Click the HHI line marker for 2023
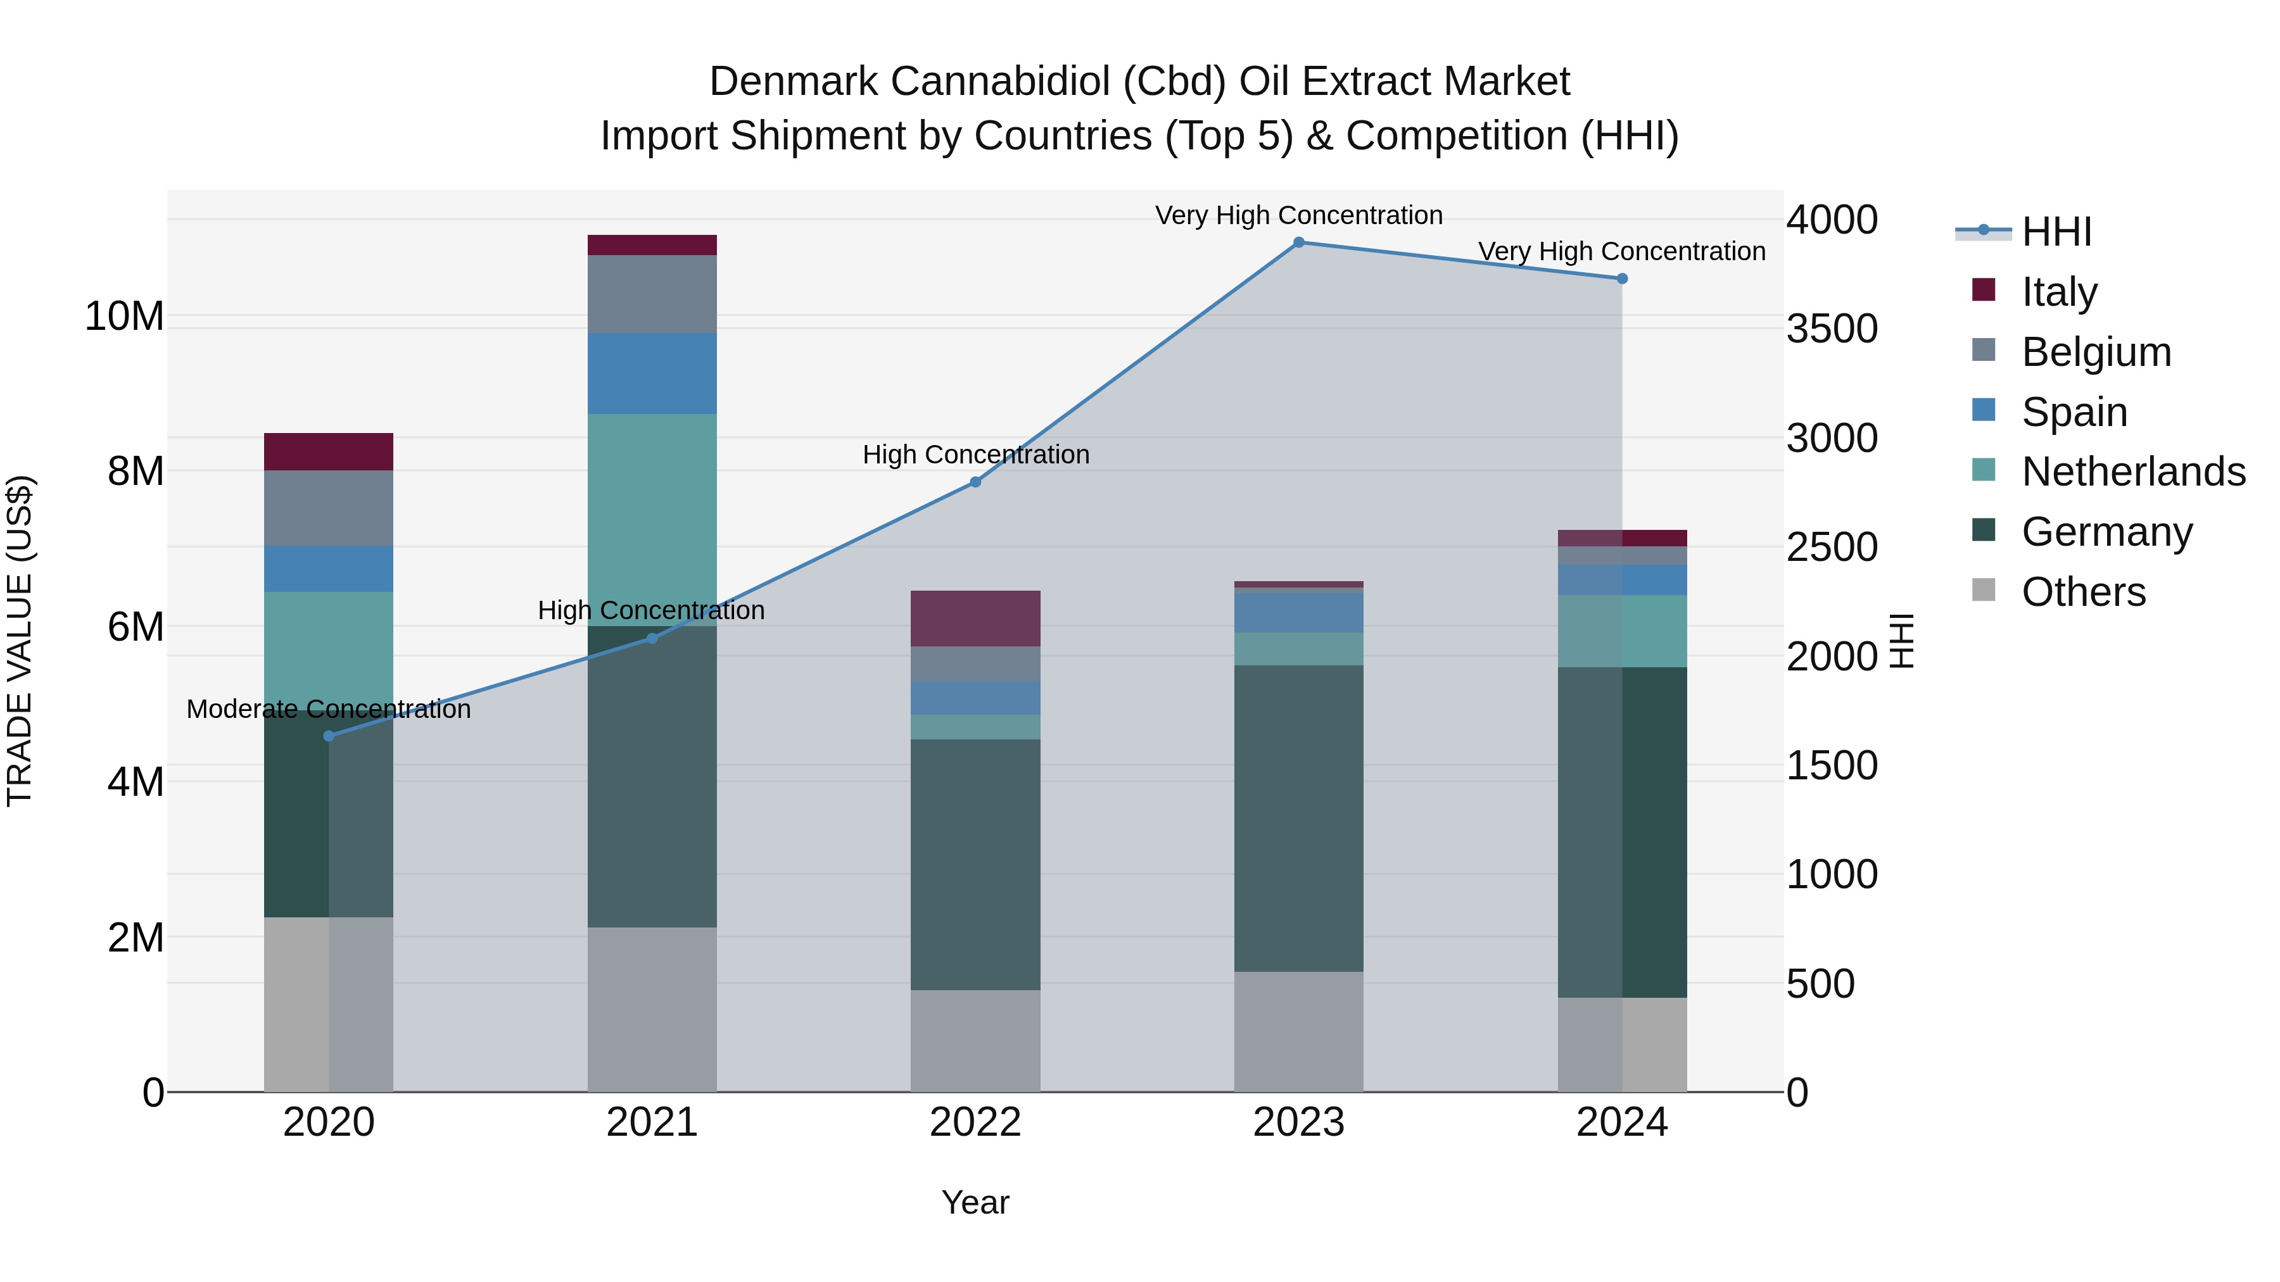coord(1298,242)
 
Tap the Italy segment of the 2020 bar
coord(328,451)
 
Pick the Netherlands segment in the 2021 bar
coord(652,519)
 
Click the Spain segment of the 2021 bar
coord(652,374)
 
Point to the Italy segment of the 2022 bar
coord(975,619)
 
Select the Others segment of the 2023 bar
coord(1298,1032)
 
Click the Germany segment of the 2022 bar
coord(975,864)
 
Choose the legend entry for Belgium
coord(2096,352)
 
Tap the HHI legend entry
coord(2056,232)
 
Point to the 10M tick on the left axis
coord(124,317)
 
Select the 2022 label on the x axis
coord(975,1122)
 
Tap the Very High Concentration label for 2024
coord(1621,251)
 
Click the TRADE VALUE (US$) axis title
coord(20,641)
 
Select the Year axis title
coord(975,1202)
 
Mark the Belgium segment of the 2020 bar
coord(328,508)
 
